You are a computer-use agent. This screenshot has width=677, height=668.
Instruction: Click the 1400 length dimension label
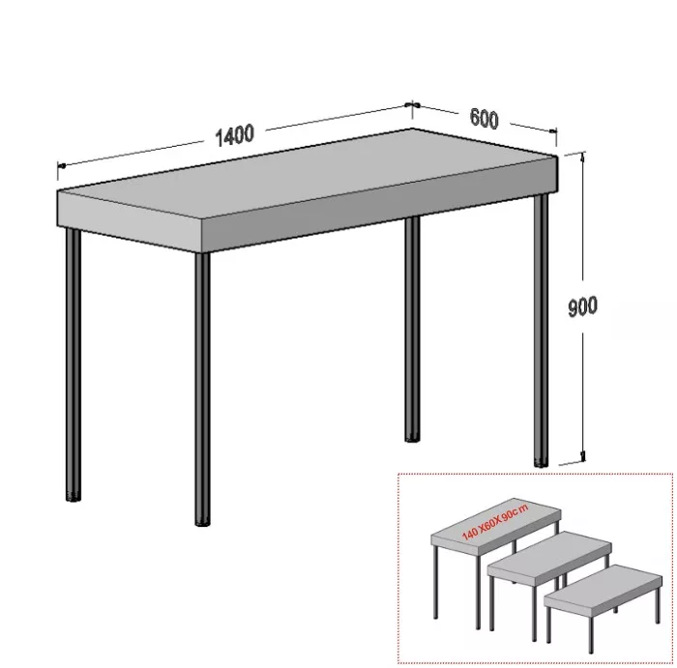[x=234, y=134]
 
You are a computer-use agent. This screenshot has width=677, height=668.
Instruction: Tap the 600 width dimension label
[x=484, y=119]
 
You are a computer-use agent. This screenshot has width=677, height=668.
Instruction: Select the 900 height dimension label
[x=582, y=306]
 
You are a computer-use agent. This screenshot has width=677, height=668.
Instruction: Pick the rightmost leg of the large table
[x=543, y=329]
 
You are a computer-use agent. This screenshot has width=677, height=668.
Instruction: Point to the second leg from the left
[x=202, y=387]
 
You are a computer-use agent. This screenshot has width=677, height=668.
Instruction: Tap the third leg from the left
[x=411, y=329]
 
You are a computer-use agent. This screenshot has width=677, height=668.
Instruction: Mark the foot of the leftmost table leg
[x=74, y=497]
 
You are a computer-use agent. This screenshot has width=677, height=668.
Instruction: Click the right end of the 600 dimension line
[x=555, y=132]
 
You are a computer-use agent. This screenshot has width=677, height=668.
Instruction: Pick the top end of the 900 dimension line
[x=583, y=155]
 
